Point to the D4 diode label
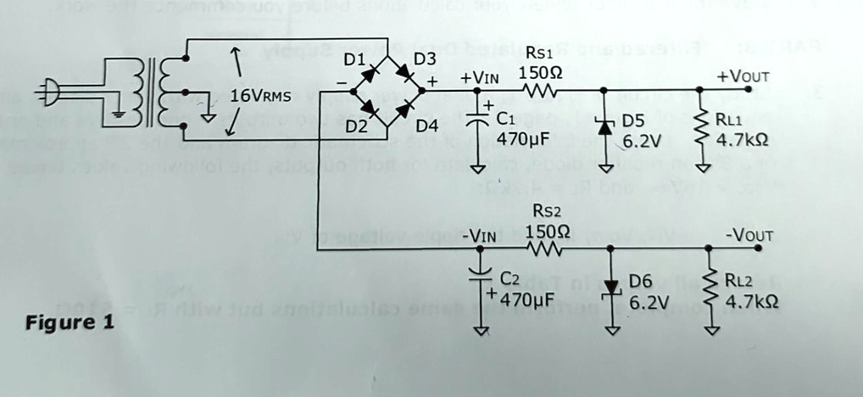(x=427, y=126)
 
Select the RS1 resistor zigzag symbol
(x=539, y=89)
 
